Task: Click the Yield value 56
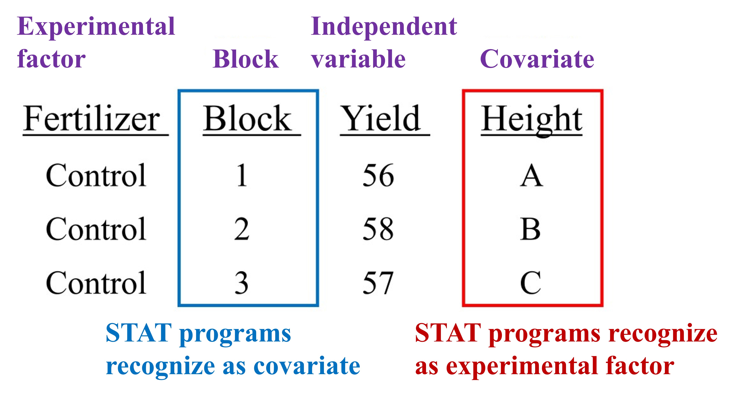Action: pyautogui.click(x=378, y=175)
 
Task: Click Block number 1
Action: pyautogui.click(x=242, y=175)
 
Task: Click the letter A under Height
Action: pyautogui.click(x=532, y=175)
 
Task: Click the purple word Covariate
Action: pyautogui.click(x=537, y=59)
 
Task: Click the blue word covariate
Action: pyautogui.click(x=307, y=366)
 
